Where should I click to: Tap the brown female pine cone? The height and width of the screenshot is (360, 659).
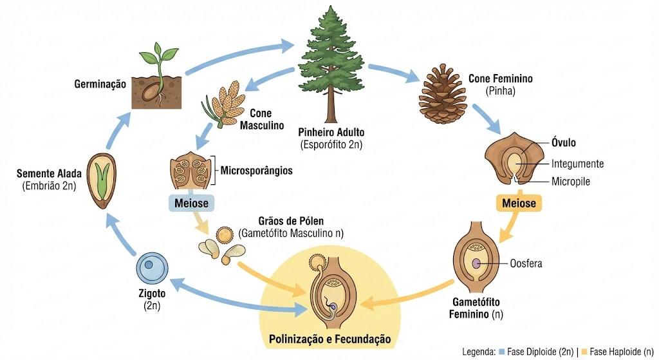pyautogui.click(x=443, y=93)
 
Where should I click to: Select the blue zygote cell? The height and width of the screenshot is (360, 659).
pyautogui.click(x=152, y=267)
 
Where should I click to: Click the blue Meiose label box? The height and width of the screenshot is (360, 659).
pyautogui.click(x=191, y=203)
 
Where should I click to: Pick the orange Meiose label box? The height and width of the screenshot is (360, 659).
pyautogui.click(x=519, y=203)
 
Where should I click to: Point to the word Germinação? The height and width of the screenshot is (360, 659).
pyautogui.click(x=100, y=84)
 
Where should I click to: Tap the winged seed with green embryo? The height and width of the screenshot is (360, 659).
pyautogui.click(x=102, y=181)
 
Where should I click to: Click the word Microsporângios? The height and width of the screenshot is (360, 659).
pyautogui.click(x=256, y=170)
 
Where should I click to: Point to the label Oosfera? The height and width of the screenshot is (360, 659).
pyautogui.click(x=526, y=263)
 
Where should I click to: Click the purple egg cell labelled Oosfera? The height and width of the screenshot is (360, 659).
pyautogui.click(x=476, y=263)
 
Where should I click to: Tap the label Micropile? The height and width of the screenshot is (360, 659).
pyautogui.click(x=571, y=182)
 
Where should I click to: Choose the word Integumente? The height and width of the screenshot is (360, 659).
pyautogui.click(x=577, y=164)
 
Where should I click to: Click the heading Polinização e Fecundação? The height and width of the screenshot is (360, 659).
pyautogui.click(x=330, y=339)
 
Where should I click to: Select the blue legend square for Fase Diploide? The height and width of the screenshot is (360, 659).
pyautogui.click(x=501, y=351)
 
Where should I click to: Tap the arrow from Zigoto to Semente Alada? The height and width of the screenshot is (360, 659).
pyautogui.click(x=120, y=233)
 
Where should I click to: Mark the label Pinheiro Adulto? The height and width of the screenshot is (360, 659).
pyautogui.click(x=331, y=132)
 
